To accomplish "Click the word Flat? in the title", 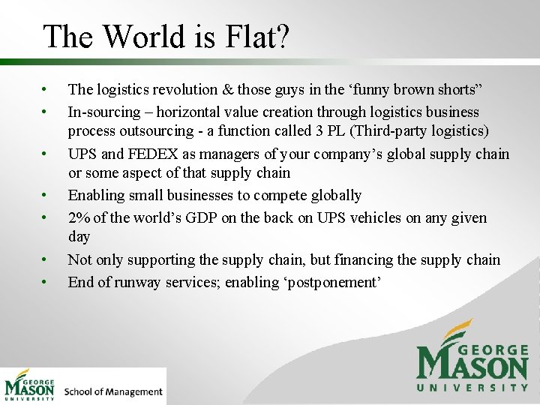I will click(x=252, y=36).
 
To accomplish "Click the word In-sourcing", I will click(x=104, y=112).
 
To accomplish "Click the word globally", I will click(x=334, y=196).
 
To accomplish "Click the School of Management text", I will click(x=113, y=391).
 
